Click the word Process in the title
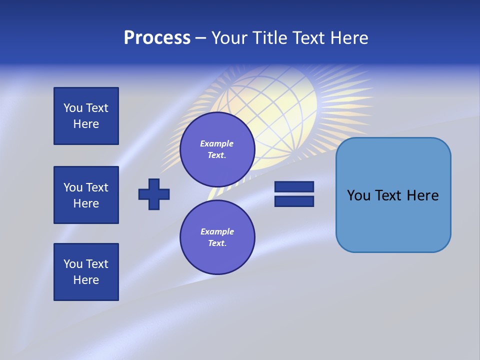coord(157,38)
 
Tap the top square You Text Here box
coord(86,116)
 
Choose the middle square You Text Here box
coord(86,195)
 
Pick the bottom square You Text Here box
coord(86,272)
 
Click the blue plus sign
coord(154,194)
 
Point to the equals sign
coord(294,194)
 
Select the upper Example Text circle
coord(217,149)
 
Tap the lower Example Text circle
coord(217,237)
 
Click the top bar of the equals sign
coord(294,187)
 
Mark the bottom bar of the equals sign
coord(294,201)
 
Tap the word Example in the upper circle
coord(217,144)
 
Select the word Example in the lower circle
coord(217,232)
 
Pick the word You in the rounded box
coord(358,195)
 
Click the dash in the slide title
coord(200,38)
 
